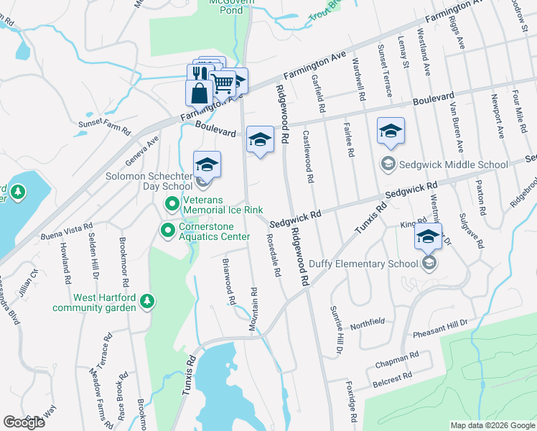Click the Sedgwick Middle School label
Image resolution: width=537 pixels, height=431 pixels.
tap(454, 164)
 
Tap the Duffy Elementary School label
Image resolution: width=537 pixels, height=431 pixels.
tap(363, 264)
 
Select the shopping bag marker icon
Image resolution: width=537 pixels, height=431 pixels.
tap(199, 93)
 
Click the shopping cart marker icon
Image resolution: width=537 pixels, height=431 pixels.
tap(223, 83)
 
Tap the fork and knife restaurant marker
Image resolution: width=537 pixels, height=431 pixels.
tap(199, 73)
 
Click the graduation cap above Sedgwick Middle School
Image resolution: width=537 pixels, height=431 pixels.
tap(391, 131)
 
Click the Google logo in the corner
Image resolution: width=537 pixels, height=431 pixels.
tap(24, 422)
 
